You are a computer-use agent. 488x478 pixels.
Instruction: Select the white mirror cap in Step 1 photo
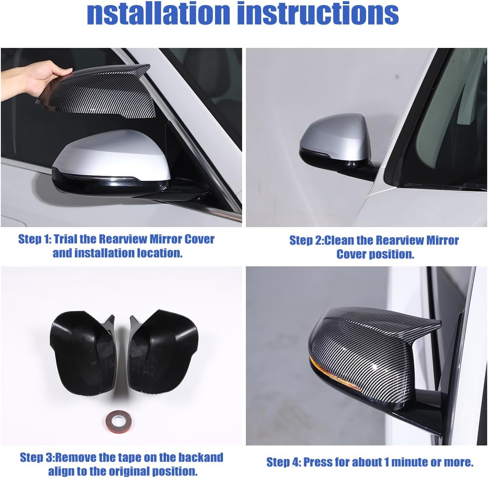point(112,154)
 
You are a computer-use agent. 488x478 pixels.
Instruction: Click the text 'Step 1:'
point(35,239)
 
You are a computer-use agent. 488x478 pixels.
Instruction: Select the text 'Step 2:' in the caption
point(306,240)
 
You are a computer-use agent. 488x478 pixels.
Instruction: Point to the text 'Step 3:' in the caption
point(37,457)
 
